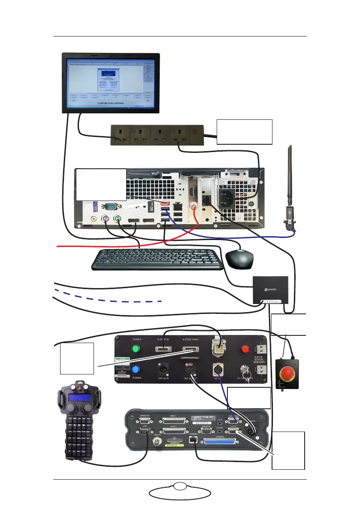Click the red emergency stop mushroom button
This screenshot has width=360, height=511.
[285, 369]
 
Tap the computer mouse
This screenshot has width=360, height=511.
[239, 259]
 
